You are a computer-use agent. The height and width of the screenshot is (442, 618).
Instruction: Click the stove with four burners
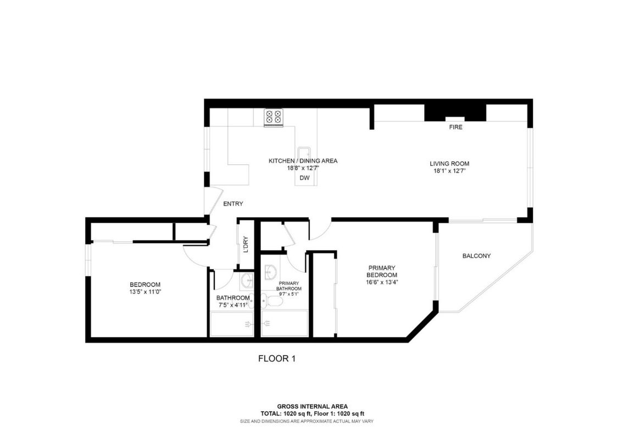(x=273, y=117)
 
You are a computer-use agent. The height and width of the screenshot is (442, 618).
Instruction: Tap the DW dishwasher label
(x=304, y=178)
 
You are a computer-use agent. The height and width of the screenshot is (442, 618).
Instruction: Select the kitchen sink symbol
(x=304, y=153)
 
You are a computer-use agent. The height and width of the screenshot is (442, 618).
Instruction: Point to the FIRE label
(x=455, y=127)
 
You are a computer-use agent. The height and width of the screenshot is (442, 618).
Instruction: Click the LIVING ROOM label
(x=449, y=163)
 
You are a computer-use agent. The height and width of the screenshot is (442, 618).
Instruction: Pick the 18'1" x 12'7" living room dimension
(x=449, y=170)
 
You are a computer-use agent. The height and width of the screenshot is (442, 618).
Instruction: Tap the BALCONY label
(x=476, y=256)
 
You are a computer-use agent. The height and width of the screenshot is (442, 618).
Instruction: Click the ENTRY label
(x=233, y=204)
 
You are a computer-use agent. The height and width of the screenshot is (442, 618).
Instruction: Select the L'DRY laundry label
(x=246, y=244)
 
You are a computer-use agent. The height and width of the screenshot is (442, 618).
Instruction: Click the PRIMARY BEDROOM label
(x=382, y=272)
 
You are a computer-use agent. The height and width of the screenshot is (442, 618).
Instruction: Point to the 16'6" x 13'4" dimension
(x=382, y=282)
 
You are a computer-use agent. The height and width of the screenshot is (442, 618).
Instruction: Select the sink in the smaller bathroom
(x=247, y=281)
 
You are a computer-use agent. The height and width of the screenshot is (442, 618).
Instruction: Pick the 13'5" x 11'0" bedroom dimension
(x=145, y=291)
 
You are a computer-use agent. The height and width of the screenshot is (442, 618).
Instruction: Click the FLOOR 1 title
(x=277, y=359)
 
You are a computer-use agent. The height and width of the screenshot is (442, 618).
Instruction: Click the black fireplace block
(x=455, y=112)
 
